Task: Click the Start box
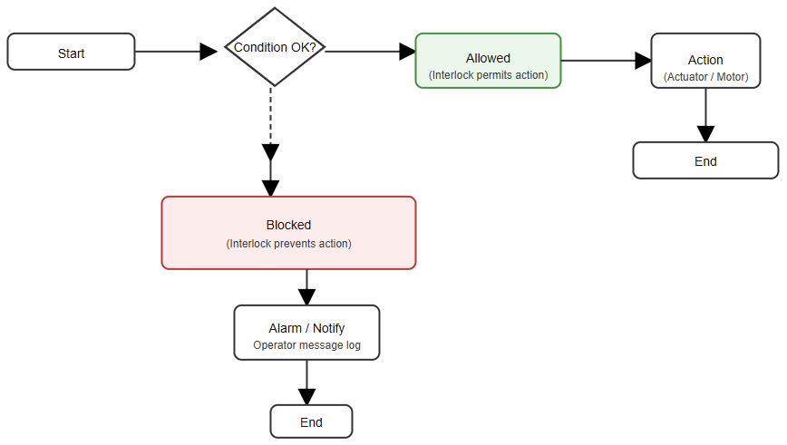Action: click(71, 52)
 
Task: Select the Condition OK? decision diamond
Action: click(275, 47)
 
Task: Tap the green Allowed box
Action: click(488, 60)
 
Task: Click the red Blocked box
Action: click(288, 233)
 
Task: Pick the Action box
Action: click(705, 60)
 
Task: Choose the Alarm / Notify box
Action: click(306, 332)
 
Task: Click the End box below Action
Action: click(705, 160)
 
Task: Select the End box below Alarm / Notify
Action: click(311, 421)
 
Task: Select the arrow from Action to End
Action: click(705, 113)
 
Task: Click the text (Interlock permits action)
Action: click(488, 75)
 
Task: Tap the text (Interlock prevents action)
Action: click(288, 244)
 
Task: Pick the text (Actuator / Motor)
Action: click(705, 77)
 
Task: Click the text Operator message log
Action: click(306, 345)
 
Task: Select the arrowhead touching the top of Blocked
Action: click(270, 188)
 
